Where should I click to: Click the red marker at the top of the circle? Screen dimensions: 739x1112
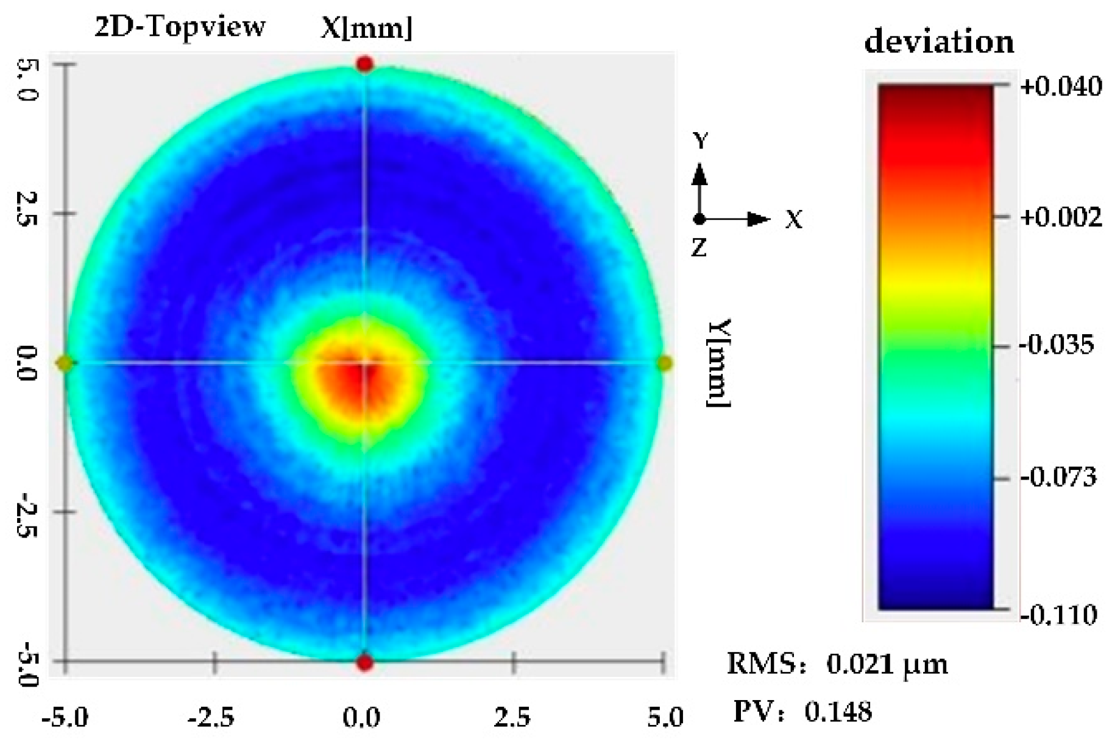(x=364, y=63)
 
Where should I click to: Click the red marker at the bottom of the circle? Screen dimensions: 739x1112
(x=364, y=662)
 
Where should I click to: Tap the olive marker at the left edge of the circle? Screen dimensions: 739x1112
(x=64, y=364)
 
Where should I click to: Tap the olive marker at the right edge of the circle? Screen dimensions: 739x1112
(x=665, y=364)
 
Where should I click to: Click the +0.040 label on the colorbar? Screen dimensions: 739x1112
(x=1061, y=86)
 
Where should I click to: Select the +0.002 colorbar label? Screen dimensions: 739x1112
(x=1061, y=217)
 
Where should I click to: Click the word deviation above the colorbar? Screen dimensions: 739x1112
(x=939, y=41)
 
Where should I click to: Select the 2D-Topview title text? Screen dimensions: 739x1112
(x=180, y=27)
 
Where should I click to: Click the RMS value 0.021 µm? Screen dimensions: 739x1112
(x=887, y=664)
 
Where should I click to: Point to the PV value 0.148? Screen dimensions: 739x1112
(x=838, y=711)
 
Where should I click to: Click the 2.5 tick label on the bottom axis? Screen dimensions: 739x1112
(x=512, y=718)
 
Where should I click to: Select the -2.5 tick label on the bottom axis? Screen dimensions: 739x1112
(x=211, y=718)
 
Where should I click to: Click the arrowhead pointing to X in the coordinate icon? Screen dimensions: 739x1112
(x=759, y=219)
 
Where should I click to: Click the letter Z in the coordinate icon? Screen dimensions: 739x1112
(x=699, y=248)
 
